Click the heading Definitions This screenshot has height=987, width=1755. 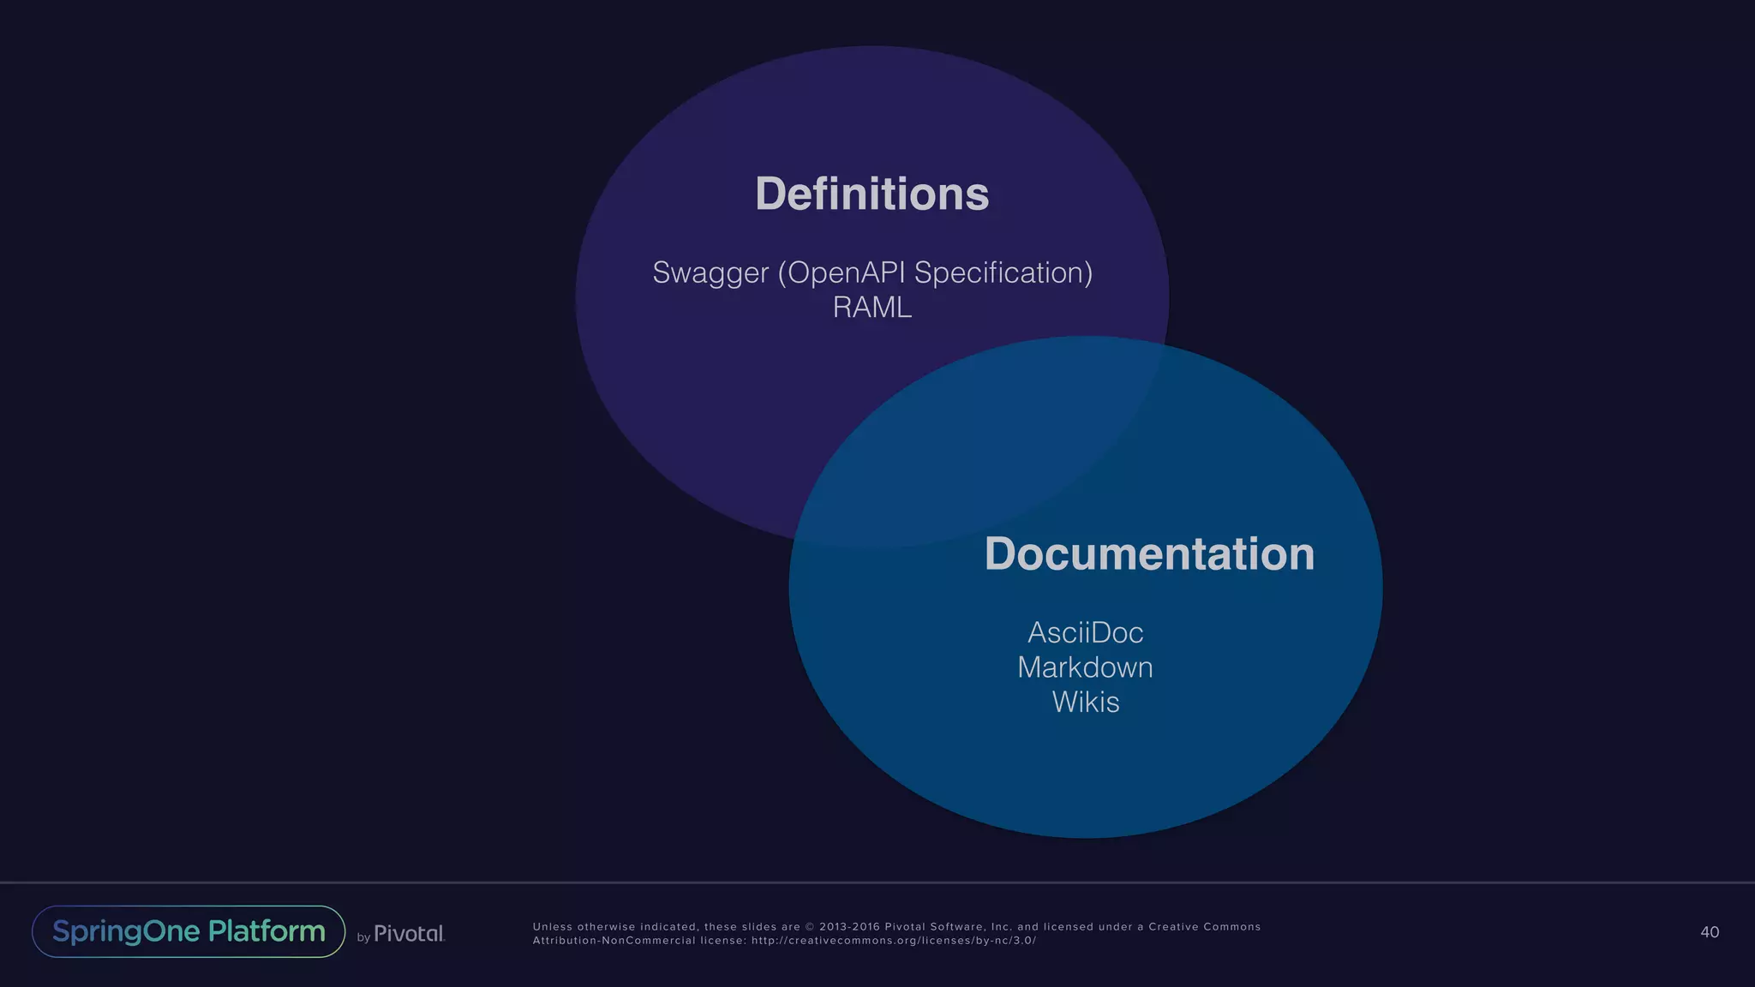tap(872, 194)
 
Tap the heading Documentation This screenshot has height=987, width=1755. tap(1149, 553)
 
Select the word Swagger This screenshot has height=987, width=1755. tap(710, 273)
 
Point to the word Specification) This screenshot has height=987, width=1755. tap(1003, 273)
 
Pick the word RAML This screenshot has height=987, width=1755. tap(872, 308)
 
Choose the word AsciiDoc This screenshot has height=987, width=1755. tap(1085, 633)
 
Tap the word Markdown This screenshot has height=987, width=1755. tap(1085, 667)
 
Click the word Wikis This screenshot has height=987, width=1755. tap(1085, 703)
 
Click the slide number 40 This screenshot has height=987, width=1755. tap(1709, 932)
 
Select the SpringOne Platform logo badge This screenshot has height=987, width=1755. tap(189, 931)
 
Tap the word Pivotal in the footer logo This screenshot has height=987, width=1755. tap(409, 934)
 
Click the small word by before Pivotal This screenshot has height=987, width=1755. tap(363, 937)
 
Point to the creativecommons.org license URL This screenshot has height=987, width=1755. tap(894, 941)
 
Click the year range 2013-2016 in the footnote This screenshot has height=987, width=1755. tap(848, 927)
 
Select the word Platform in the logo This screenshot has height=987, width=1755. tap(267, 931)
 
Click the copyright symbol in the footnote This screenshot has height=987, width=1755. tap(810, 927)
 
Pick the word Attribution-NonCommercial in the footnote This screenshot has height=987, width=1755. tap(614, 941)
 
